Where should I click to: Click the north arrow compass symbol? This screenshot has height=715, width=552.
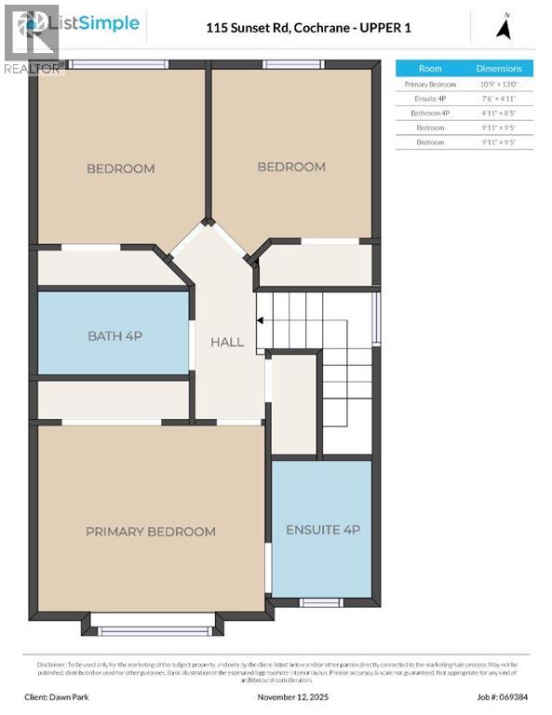504,27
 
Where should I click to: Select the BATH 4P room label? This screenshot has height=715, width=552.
114,335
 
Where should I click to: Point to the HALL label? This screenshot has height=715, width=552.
227,342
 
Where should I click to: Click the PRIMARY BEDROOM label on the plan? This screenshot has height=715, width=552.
150,532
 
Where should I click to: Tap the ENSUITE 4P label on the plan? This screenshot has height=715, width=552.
322,530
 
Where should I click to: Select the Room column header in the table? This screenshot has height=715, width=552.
430,69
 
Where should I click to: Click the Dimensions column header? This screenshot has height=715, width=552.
499,69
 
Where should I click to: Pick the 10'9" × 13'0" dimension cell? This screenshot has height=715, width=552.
499,84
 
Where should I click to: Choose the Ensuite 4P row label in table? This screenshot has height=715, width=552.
430,98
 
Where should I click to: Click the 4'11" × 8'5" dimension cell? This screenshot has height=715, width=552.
499,113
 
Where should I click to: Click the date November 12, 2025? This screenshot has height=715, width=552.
294,696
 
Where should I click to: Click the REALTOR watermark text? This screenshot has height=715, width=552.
34,68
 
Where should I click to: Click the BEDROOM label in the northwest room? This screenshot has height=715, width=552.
120,169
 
